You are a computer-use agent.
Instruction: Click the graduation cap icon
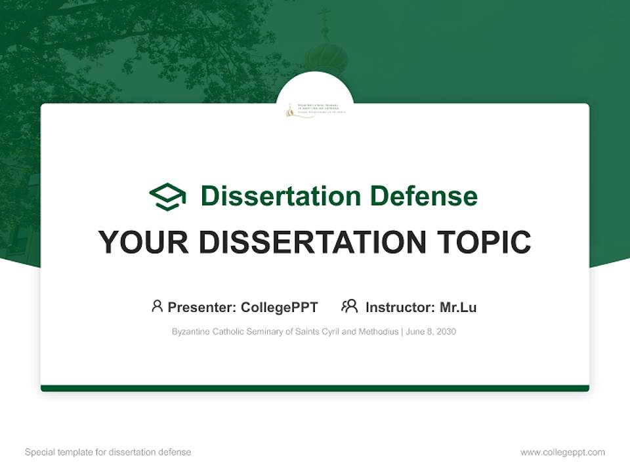tap(167, 197)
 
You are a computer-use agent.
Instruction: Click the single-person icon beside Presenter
tap(157, 306)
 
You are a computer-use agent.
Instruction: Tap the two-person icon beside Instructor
tap(350, 306)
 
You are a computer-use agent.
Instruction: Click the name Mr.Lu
tap(458, 307)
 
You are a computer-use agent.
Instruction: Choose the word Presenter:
tap(202, 307)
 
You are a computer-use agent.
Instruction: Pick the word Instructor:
tap(400, 307)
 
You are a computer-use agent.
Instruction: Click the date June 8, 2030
tap(431, 332)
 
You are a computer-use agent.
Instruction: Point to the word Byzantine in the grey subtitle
tap(191, 332)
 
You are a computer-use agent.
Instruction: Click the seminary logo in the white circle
tap(315, 109)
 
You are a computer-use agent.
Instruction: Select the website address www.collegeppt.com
tap(562, 452)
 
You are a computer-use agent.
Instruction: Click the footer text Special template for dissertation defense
tap(108, 452)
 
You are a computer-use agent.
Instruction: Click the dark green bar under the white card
tap(315, 388)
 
